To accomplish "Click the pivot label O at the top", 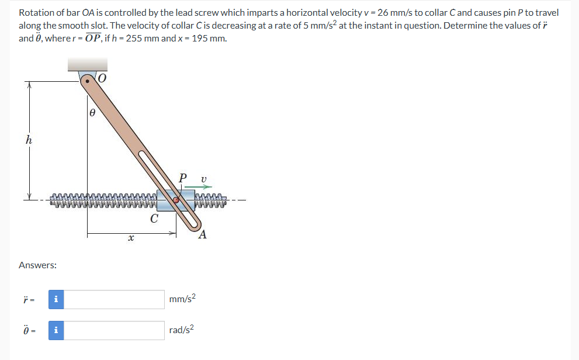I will (103, 78).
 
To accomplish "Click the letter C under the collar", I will (154, 219).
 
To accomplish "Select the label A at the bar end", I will (202, 235).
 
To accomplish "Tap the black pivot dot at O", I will (88, 82).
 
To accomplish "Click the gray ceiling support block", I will (87, 64).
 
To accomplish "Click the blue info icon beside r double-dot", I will (56, 299).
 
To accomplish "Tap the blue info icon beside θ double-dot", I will (56, 330).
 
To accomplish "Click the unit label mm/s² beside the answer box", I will (182, 299).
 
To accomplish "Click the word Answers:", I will (37, 265).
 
